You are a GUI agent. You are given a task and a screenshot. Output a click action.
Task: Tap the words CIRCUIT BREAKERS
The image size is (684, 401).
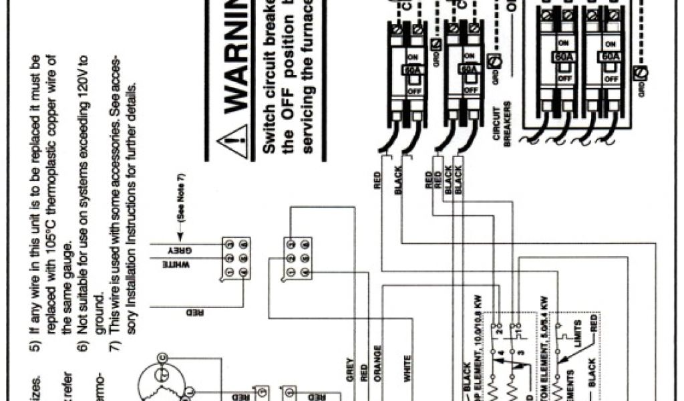coord(502,122)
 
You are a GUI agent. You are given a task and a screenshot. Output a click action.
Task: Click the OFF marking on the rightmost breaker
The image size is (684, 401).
coord(610,78)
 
